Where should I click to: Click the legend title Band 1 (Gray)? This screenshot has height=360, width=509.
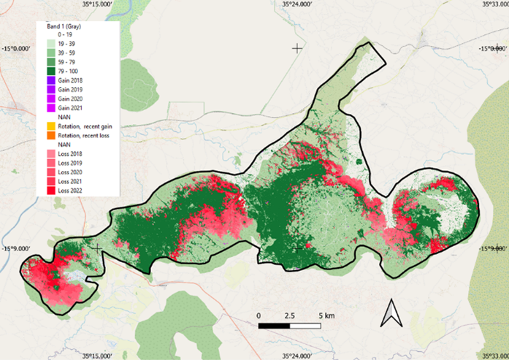click(63, 27)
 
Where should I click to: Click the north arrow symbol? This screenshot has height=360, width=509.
click(391, 313)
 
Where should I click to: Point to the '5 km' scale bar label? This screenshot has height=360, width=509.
click(325, 315)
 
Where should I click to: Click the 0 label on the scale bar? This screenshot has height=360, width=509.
click(259, 315)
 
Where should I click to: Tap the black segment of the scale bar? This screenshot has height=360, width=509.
click(275, 325)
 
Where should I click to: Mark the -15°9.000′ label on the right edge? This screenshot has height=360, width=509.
click(493, 249)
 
